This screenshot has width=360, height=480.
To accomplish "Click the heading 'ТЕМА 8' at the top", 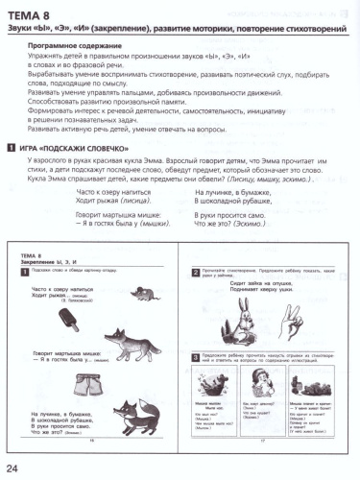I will click(x=34, y=11).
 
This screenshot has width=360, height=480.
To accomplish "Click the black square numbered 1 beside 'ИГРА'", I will click(x=10, y=148).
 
